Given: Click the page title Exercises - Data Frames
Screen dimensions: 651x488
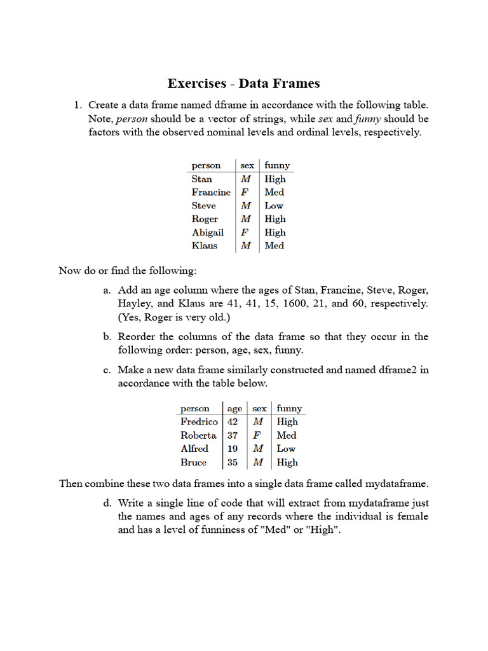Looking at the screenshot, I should [243, 83].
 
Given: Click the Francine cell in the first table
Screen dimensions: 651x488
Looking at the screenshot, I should [211, 192].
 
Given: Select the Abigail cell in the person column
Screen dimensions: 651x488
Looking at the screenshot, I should [208, 232].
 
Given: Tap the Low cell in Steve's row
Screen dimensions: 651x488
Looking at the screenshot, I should [274, 205].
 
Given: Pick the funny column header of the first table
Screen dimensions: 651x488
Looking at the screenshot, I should [277, 165].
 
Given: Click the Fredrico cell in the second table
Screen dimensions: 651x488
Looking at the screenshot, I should [199, 421].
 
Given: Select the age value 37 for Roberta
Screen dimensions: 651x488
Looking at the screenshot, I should [233, 435].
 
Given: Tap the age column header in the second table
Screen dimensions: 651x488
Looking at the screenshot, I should [234, 409].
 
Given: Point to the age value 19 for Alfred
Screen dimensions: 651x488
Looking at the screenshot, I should [233, 449].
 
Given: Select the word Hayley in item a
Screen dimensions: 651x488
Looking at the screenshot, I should [136, 303].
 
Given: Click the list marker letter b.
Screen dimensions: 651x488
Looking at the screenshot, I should [107, 337].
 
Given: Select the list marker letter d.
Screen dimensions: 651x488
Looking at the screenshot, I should [107, 503].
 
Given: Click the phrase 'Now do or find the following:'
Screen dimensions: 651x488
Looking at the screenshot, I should [128, 271].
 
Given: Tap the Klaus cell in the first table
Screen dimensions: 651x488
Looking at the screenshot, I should [204, 245].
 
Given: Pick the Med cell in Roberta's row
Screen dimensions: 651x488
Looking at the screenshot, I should [286, 435].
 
